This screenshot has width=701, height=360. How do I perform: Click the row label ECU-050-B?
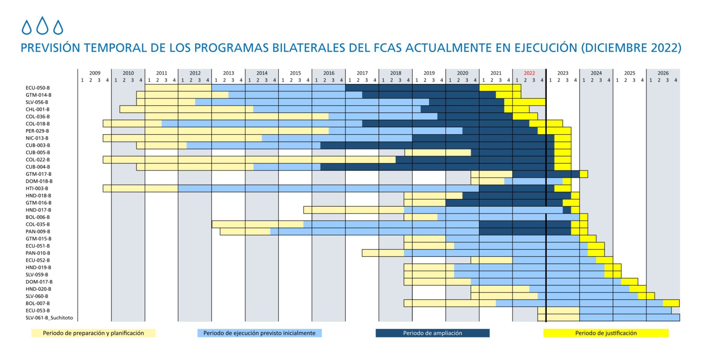point(37,88)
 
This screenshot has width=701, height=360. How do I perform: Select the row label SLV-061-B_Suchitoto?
point(49,318)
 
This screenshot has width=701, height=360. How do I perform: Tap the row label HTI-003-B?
point(37,188)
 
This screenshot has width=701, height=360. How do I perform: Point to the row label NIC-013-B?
point(37,138)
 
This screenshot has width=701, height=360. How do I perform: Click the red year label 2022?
point(529,73)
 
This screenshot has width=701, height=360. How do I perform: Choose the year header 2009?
point(94,73)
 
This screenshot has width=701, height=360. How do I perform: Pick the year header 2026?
point(663,73)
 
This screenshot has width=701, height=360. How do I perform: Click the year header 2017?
point(362,73)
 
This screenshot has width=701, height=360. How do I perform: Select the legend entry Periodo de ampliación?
point(432,333)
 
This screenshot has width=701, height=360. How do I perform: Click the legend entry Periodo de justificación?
point(606,333)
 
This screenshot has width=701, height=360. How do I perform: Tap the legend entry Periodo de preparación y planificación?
point(93,333)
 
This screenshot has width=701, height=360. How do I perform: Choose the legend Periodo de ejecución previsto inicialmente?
point(259,333)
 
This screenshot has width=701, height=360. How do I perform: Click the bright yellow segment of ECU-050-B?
point(500,88)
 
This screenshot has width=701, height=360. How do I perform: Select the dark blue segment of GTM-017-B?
point(546,174)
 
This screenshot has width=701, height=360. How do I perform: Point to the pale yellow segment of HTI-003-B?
point(141,188)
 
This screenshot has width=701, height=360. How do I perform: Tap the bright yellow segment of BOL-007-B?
point(671,303)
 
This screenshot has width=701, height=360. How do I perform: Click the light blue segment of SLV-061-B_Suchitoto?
point(629,318)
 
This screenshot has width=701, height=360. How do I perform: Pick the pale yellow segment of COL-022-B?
point(249,160)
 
